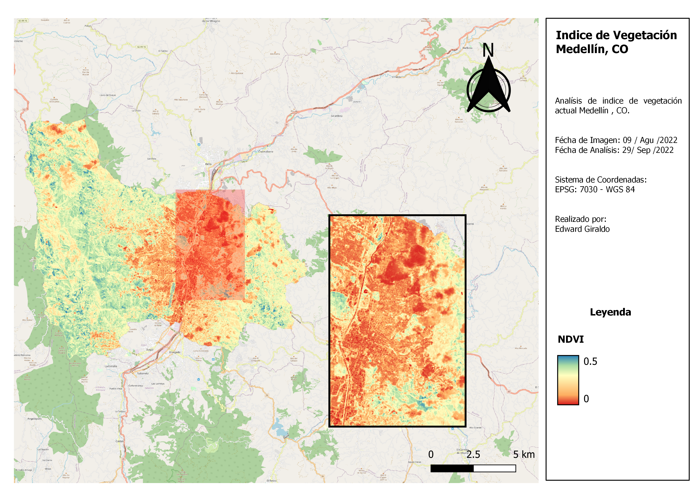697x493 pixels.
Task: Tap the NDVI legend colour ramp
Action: (568, 380)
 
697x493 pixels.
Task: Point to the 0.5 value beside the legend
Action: (590, 361)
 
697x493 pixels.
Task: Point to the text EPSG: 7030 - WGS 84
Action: (595, 189)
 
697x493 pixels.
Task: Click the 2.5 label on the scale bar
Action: (473, 454)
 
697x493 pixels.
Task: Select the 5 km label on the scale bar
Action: (524, 454)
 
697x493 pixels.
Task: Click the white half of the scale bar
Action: (494, 468)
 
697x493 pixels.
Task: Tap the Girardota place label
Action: (336, 116)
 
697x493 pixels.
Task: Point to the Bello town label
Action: (208, 164)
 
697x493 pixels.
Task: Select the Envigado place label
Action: (175, 352)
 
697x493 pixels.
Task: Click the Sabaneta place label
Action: (143, 373)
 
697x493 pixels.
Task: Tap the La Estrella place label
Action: (111, 366)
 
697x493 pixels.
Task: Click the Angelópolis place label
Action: (34, 419)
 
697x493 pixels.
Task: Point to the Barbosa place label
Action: (467, 48)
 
